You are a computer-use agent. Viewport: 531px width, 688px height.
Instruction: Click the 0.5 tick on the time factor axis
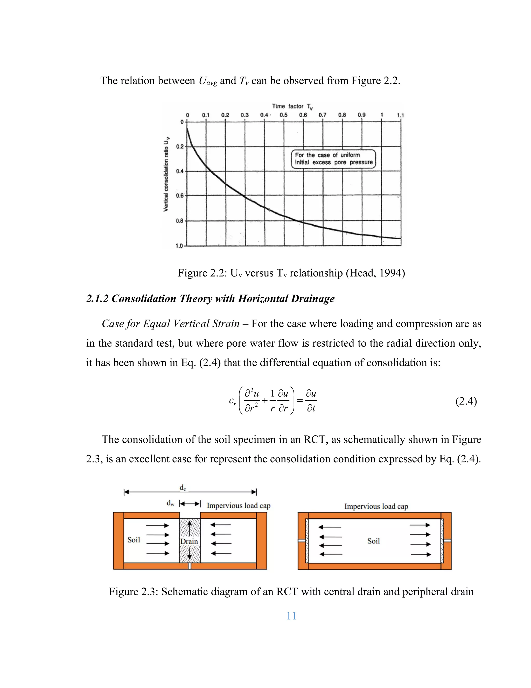coord(283,115)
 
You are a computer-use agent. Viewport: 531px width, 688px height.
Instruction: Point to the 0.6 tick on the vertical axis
coord(179,196)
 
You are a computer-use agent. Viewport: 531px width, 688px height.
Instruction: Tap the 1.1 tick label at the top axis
coord(400,115)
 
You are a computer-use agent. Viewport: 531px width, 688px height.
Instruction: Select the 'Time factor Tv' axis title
coord(292,106)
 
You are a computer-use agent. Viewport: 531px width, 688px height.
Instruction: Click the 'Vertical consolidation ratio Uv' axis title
coord(166,174)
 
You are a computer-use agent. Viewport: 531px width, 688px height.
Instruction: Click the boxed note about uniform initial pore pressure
coord(333,159)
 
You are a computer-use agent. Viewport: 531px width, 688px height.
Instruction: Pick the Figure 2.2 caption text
coord(291,273)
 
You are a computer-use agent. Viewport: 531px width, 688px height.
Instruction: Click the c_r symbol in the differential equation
coord(232,401)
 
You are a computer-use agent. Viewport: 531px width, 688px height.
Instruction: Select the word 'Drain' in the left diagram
coord(189,541)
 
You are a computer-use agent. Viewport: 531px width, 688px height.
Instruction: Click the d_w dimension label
coord(170,503)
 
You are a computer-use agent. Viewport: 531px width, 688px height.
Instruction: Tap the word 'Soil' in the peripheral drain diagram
coord(373,541)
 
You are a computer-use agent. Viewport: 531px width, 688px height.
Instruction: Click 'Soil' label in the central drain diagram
coord(134,540)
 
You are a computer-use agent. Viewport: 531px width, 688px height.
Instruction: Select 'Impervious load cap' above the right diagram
coord(376,506)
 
